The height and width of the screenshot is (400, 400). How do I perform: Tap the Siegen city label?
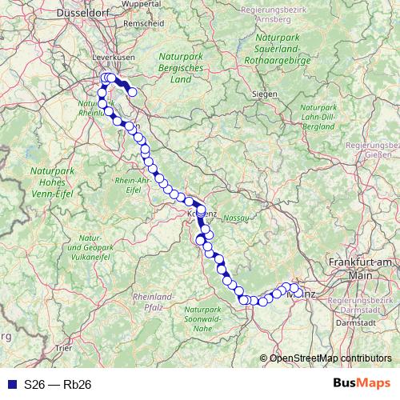[264, 94]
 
